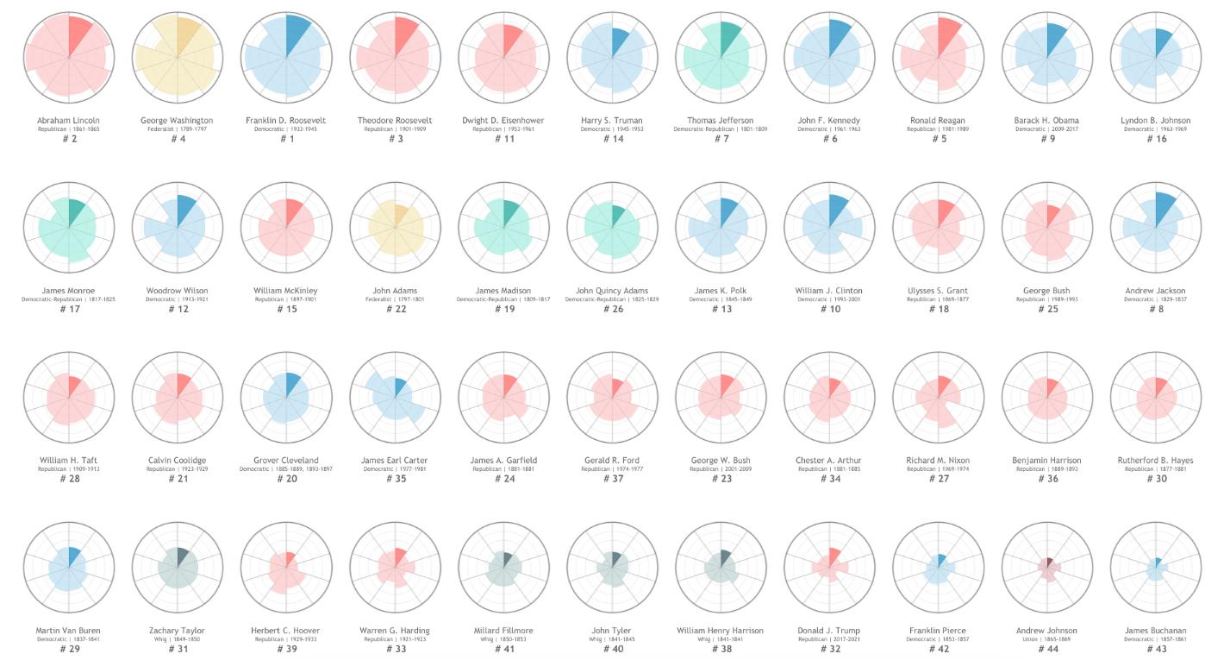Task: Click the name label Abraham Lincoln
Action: (68, 120)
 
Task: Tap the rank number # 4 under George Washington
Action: (177, 139)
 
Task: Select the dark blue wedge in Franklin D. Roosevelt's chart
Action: (298, 33)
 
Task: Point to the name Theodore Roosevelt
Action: (395, 120)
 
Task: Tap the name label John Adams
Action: (395, 291)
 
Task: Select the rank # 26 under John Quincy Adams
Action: (612, 310)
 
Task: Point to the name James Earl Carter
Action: (395, 461)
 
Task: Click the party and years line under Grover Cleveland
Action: (286, 469)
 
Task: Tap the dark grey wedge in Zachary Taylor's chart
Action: (184, 556)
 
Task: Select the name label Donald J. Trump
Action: (829, 631)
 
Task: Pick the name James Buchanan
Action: (1156, 631)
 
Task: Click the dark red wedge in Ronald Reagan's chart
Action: (948, 36)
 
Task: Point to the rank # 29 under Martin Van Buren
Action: (68, 650)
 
